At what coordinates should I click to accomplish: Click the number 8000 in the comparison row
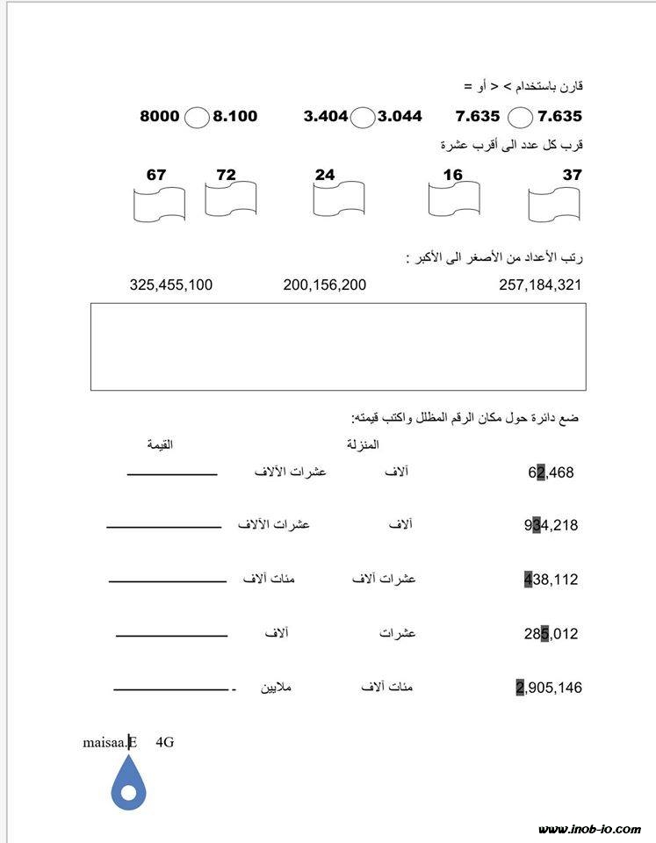[159, 116]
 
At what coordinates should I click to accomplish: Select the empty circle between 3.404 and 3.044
[363, 117]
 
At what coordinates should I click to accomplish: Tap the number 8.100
[235, 116]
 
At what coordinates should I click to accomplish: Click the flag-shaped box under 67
[159, 204]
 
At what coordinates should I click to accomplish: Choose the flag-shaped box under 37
[554, 205]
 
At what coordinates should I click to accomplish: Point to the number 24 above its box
[325, 175]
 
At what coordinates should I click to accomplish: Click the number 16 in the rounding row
[452, 175]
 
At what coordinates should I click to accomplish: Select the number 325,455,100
[170, 285]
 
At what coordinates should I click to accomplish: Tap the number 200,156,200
[325, 285]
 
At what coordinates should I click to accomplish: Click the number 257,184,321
[540, 285]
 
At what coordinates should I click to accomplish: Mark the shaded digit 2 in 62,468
[542, 473]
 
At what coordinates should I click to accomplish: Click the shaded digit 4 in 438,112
[527, 580]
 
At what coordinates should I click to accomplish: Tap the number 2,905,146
[549, 688]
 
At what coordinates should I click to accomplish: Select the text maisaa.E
[110, 742]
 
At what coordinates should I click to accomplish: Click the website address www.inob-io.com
[590, 829]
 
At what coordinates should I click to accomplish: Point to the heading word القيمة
[160, 445]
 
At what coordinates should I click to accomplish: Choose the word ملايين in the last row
[274, 687]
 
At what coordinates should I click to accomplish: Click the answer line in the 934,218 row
[163, 528]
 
